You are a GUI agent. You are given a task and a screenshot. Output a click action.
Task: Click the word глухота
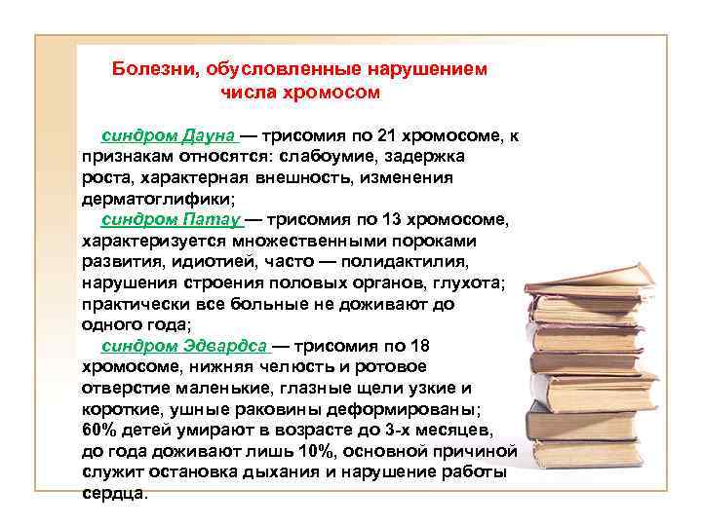[x=470, y=282]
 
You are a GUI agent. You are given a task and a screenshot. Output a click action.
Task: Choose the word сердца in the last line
[x=112, y=493]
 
